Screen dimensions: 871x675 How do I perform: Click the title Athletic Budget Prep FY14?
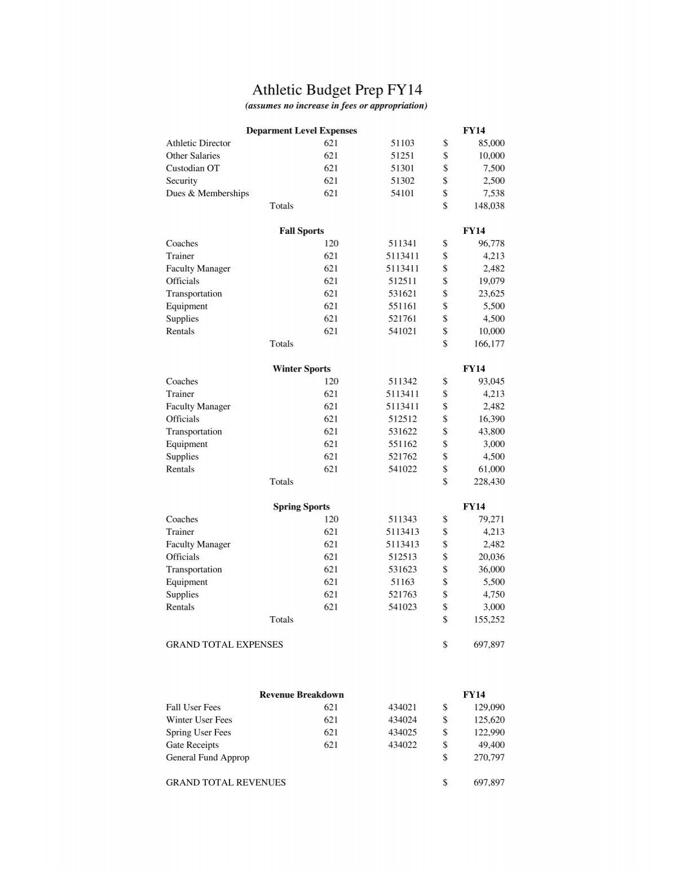tap(337, 90)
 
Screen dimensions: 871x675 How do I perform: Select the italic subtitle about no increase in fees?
tap(336, 106)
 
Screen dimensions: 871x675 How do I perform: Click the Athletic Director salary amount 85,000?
tap(491, 143)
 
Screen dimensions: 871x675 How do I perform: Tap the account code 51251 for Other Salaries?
tap(402, 156)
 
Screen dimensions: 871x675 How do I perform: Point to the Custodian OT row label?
tap(192, 168)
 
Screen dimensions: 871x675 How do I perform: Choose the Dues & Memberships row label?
tap(207, 193)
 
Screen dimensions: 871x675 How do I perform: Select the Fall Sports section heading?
tap(301, 231)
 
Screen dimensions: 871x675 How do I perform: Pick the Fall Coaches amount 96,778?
tap(491, 243)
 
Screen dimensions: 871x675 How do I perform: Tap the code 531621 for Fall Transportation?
tap(402, 294)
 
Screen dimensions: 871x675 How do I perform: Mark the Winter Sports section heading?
tap(301, 369)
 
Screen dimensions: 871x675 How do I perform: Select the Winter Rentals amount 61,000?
tap(491, 469)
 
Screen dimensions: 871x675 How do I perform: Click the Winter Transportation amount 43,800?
tap(491, 431)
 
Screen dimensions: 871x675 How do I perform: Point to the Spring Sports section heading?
tap(301, 507)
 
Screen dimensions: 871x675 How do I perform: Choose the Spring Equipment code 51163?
tap(402, 582)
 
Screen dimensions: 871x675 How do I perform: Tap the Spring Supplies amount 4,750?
tap(493, 594)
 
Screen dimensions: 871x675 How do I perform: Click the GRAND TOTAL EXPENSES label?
tap(224, 644)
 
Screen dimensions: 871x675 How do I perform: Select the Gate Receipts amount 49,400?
tap(491, 745)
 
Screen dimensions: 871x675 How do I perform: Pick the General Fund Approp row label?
tap(207, 757)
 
